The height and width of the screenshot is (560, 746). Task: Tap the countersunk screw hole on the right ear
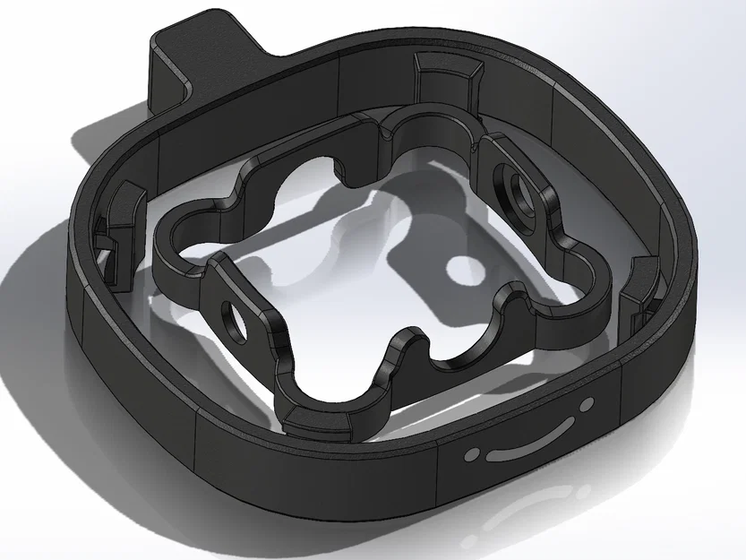point(519,190)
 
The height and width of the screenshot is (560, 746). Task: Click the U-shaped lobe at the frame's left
point(184,233)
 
